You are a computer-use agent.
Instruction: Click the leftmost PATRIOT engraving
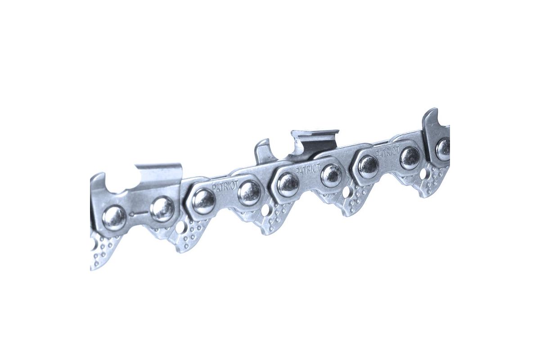click(x=225, y=186)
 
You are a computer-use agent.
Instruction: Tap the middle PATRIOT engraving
click(x=308, y=168)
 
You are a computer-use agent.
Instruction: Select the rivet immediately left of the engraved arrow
click(x=114, y=218)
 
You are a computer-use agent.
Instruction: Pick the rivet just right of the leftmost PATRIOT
click(x=250, y=191)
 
